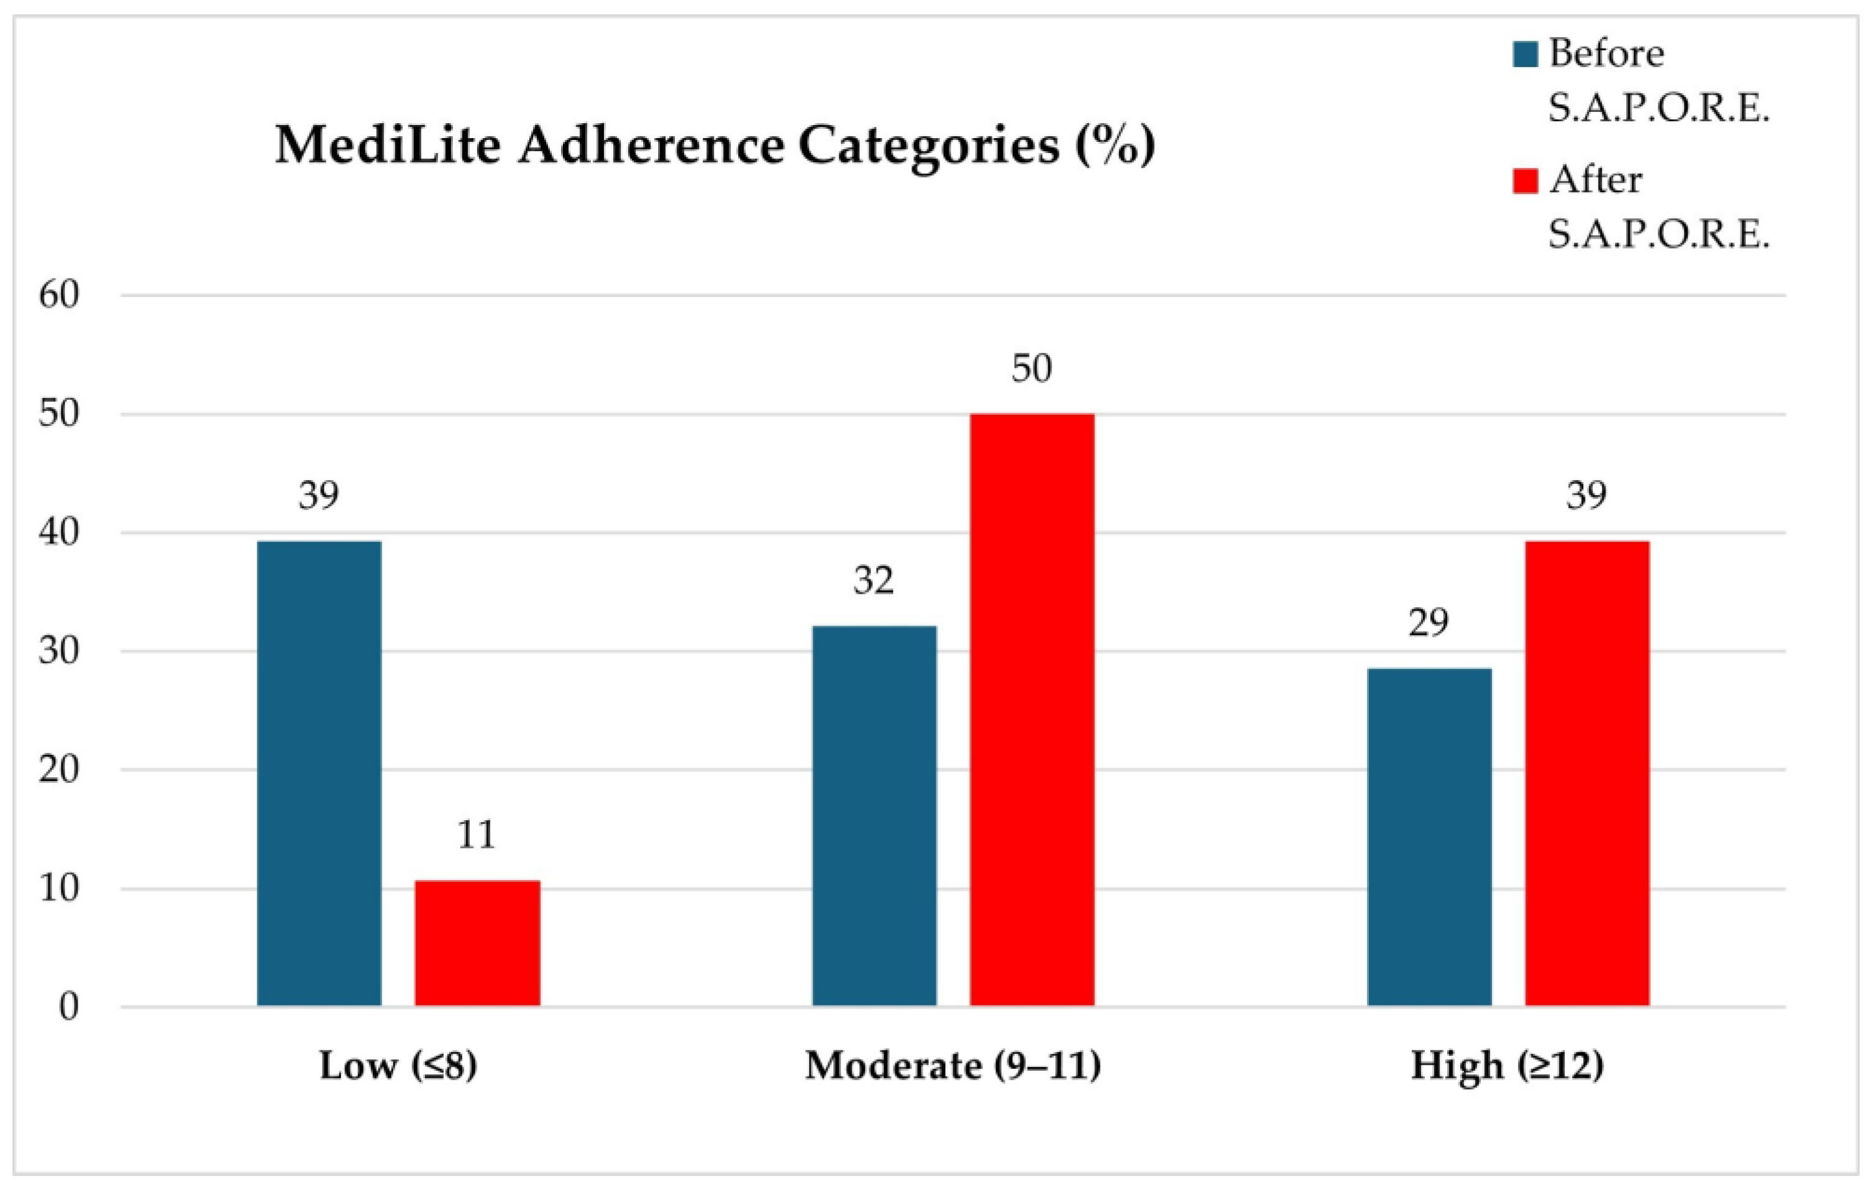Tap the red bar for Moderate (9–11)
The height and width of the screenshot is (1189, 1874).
click(1032, 710)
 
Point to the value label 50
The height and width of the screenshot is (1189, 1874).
click(1032, 368)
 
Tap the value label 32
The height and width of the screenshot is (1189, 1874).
click(873, 581)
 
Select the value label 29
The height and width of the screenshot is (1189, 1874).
click(1429, 623)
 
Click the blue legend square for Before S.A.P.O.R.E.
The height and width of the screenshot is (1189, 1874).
click(1525, 55)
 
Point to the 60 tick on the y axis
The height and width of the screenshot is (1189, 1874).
click(60, 296)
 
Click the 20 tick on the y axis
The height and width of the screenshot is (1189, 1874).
click(60, 770)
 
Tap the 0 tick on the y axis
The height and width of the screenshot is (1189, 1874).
click(68, 1007)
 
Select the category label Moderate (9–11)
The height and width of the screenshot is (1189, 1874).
click(953, 1066)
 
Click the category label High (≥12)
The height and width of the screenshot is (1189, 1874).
click(1507, 1066)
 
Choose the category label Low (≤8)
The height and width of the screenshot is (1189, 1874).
click(398, 1066)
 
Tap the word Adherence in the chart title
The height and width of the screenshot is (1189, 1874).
click(651, 146)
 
